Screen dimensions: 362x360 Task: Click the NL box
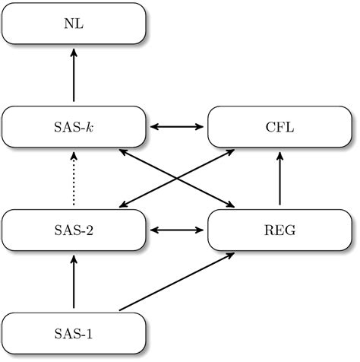(74, 23)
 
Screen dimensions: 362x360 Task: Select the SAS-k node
(74, 126)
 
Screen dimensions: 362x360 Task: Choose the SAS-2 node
(74, 229)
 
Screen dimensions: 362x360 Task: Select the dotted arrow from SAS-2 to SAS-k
(74, 178)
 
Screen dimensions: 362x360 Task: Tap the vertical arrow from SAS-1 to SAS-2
(74, 281)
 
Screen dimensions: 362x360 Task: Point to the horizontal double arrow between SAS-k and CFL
(177, 126)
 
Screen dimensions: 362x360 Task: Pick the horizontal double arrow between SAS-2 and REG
(177, 229)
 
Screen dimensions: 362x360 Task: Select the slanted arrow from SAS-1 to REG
(176, 282)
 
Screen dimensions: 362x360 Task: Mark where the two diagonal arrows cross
(177, 178)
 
